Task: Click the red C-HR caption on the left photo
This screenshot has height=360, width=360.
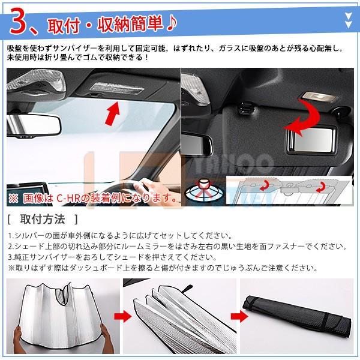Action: coord(91,197)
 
